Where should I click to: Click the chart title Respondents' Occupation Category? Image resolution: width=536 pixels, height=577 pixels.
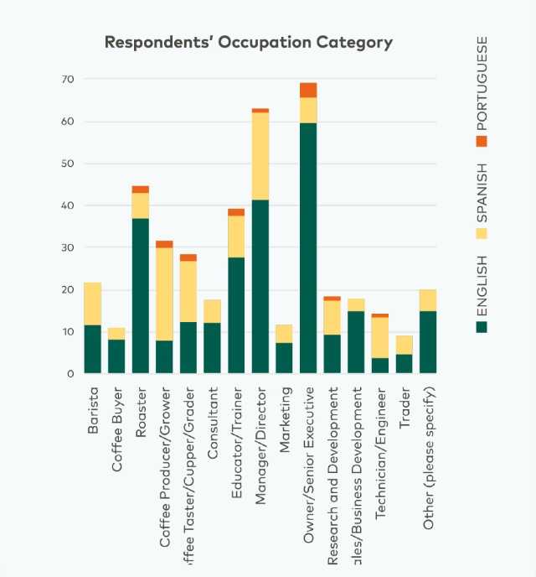coord(248,42)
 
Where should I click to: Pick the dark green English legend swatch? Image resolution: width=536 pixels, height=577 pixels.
coord(482,327)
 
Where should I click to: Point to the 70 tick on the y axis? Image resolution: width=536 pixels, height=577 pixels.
coord(67,79)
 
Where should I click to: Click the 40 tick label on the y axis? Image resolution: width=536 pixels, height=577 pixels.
coord(67,205)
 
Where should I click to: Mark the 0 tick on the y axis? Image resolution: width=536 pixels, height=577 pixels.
coord(70,373)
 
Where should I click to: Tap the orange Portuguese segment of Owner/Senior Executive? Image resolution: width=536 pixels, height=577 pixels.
coord(308,90)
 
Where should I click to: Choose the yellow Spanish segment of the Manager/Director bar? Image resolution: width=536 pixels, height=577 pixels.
coord(260,156)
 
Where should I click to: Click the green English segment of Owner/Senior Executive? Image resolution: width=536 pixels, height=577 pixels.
coord(308,247)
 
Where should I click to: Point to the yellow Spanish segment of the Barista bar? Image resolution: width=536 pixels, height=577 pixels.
coord(92,304)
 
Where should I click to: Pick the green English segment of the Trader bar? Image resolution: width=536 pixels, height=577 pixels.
coord(404,363)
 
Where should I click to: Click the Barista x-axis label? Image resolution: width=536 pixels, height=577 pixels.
coord(92,411)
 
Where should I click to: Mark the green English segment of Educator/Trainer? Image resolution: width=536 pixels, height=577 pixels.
coord(236,314)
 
